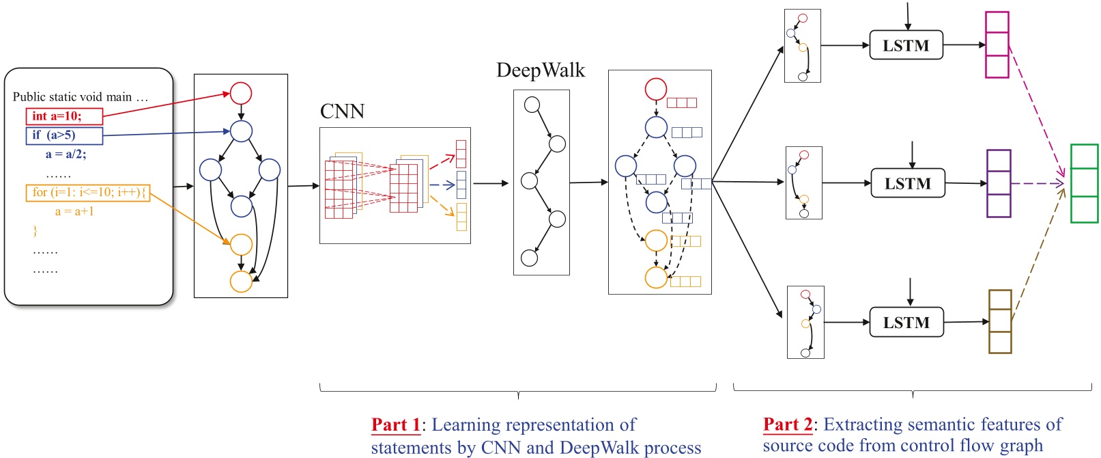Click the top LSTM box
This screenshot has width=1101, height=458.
pos(906,45)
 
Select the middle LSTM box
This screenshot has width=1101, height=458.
pos(907,183)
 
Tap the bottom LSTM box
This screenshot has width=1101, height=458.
pos(906,322)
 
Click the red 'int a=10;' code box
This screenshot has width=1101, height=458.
pos(64,116)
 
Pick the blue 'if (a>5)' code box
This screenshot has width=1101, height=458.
pos(64,135)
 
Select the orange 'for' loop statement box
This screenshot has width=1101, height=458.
pos(88,193)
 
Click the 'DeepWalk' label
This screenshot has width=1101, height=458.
pos(540,70)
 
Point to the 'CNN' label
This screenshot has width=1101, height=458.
pos(342,111)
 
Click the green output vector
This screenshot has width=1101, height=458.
pos(1084,183)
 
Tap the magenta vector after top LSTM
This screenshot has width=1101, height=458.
pos(997,45)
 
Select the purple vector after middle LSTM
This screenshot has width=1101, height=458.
pos(999,183)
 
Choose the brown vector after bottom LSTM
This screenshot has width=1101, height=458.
pos(999,321)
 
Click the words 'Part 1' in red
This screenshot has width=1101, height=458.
pos(396,425)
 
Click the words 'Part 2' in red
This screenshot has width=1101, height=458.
pos(788,425)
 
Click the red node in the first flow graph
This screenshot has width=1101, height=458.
pos(241,93)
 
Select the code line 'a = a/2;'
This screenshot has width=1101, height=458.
pos(66,154)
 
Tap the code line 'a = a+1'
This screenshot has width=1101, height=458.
pos(74,212)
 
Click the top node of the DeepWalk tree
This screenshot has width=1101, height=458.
pos(532,105)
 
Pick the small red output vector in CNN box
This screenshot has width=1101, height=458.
pos(461,154)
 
